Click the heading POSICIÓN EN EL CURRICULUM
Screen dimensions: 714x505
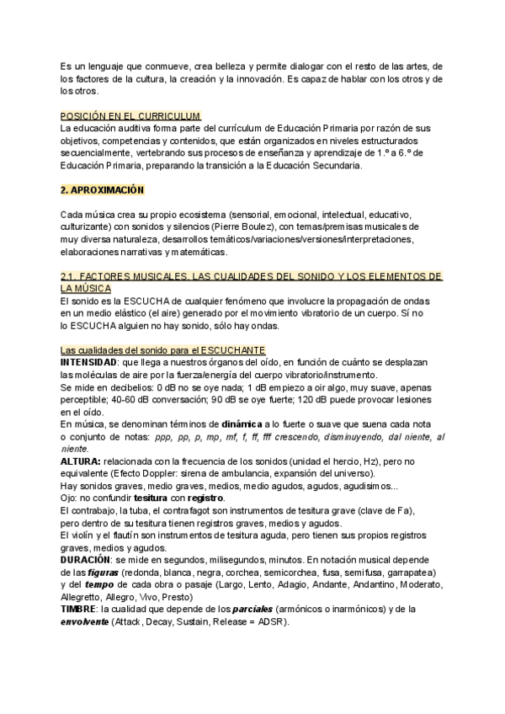tap(130, 115)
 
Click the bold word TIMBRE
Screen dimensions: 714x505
tap(78, 608)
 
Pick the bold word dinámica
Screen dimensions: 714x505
tap(239, 425)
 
